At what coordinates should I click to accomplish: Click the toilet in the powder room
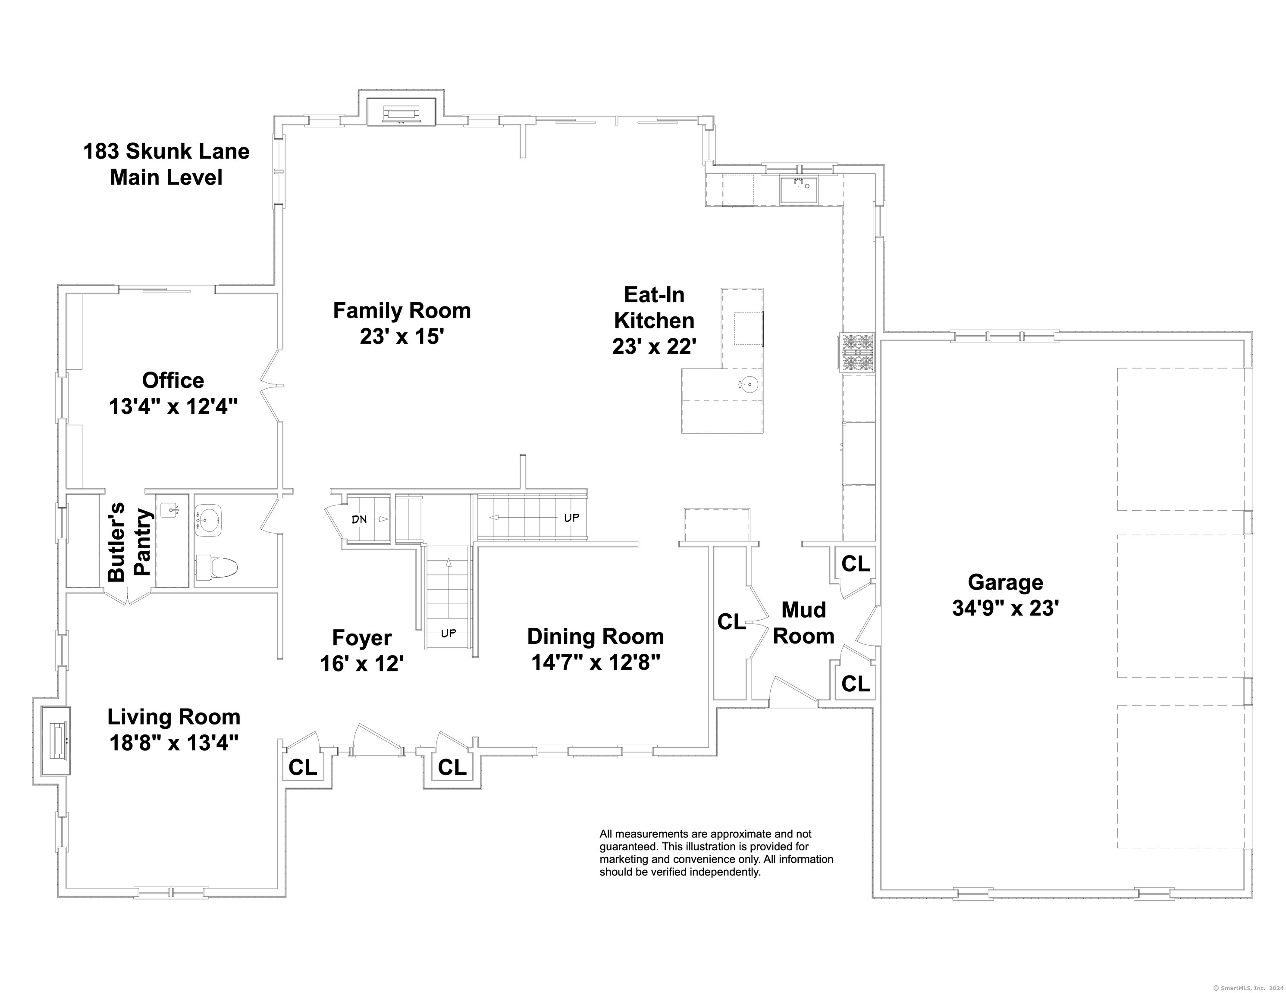216,568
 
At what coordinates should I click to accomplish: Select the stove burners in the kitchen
857,353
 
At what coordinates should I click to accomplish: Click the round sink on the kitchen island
749,386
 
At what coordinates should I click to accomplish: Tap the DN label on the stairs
359,519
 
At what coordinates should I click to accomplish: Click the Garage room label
1006,582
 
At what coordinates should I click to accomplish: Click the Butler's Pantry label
131,541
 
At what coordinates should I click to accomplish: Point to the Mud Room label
804,623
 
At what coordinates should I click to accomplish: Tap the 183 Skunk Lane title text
166,151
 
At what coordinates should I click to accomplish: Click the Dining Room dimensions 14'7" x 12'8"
596,662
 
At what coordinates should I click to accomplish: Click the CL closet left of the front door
303,767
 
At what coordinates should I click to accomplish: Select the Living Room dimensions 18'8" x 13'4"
174,743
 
